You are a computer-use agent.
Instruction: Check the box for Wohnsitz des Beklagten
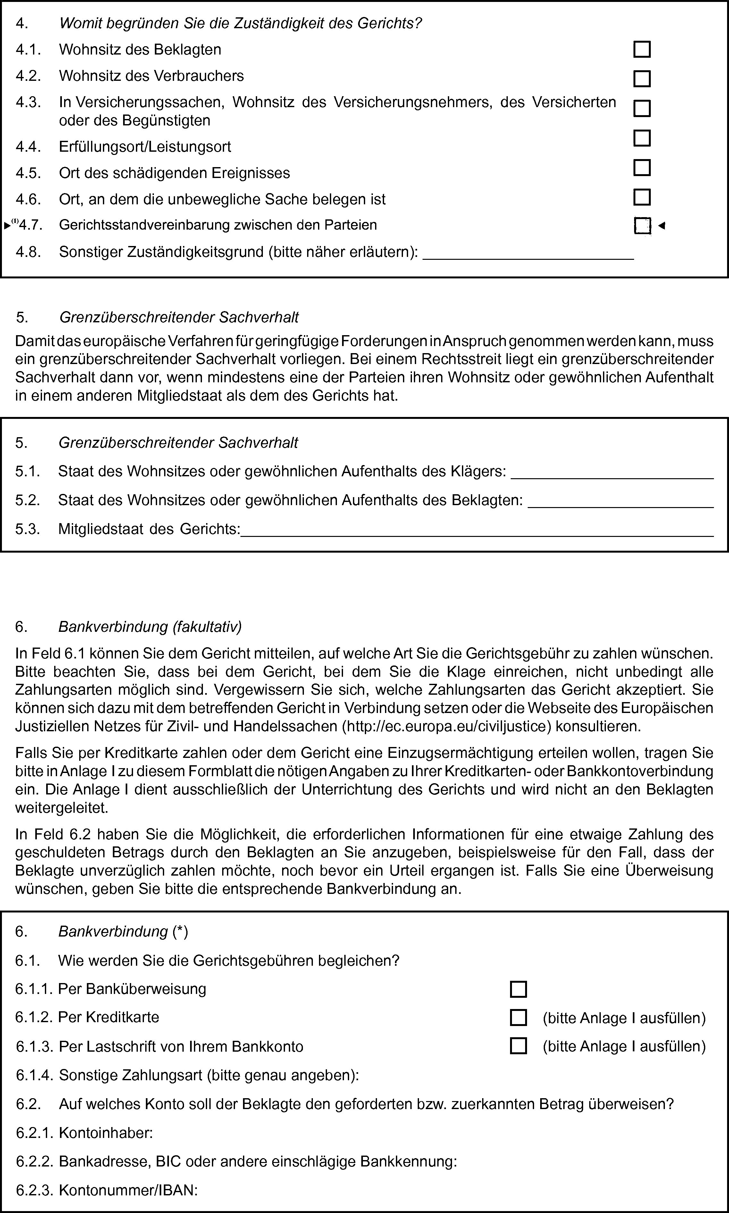point(641,50)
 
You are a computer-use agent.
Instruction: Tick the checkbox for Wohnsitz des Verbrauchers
point(641,79)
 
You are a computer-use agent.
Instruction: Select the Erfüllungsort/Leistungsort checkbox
point(641,138)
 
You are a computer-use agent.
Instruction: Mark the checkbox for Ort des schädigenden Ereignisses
point(641,168)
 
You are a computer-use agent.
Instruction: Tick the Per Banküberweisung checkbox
point(518,989)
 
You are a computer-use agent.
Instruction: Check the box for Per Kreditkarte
point(518,1017)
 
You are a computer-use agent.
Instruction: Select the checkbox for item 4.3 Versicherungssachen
point(641,108)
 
